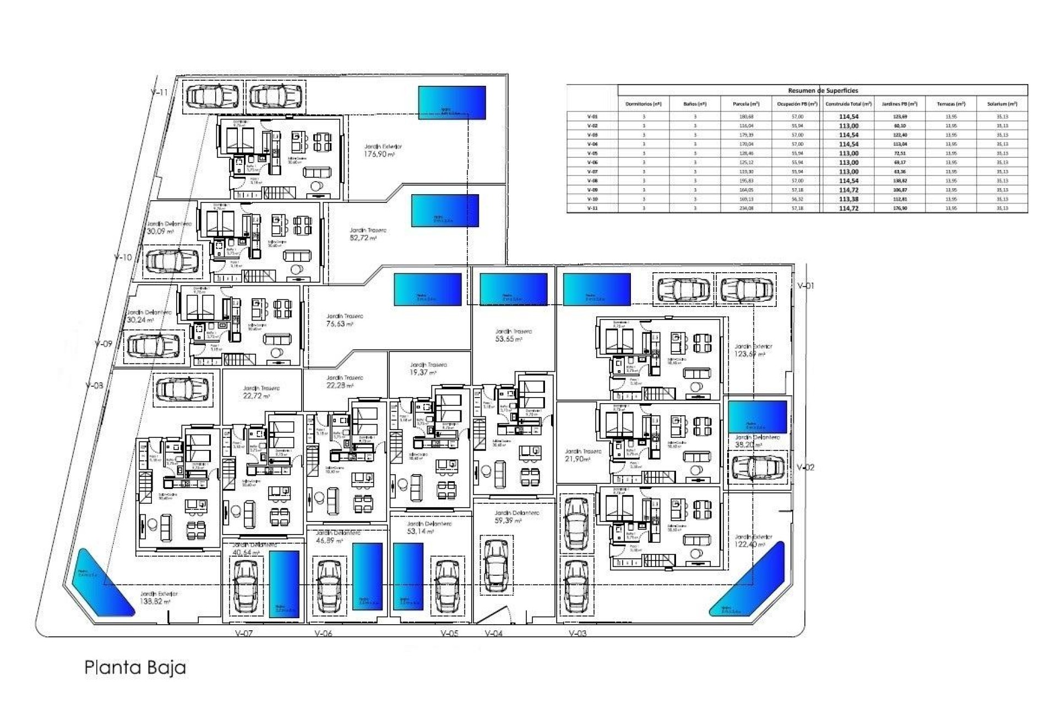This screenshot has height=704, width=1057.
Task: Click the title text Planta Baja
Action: pyautogui.click(x=135, y=667)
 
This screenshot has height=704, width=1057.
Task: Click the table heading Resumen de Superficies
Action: pyautogui.click(x=822, y=91)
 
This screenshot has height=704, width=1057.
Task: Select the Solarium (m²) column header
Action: pyautogui.click(x=1002, y=104)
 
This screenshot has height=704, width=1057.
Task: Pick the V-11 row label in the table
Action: pyautogui.click(x=592, y=208)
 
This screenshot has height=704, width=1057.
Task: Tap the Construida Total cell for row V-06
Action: pyautogui.click(x=848, y=163)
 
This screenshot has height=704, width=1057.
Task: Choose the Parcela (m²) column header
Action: pyautogui.click(x=746, y=104)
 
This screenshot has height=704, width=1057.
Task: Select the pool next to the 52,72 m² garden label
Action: pyautogui.click(x=445, y=211)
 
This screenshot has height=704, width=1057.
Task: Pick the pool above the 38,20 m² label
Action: pyautogui.click(x=758, y=416)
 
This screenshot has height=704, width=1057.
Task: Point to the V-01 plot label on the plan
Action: pyautogui.click(x=805, y=286)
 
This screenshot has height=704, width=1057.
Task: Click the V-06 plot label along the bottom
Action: pyautogui.click(x=324, y=634)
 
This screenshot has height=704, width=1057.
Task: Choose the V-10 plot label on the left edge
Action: pyautogui.click(x=123, y=257)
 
